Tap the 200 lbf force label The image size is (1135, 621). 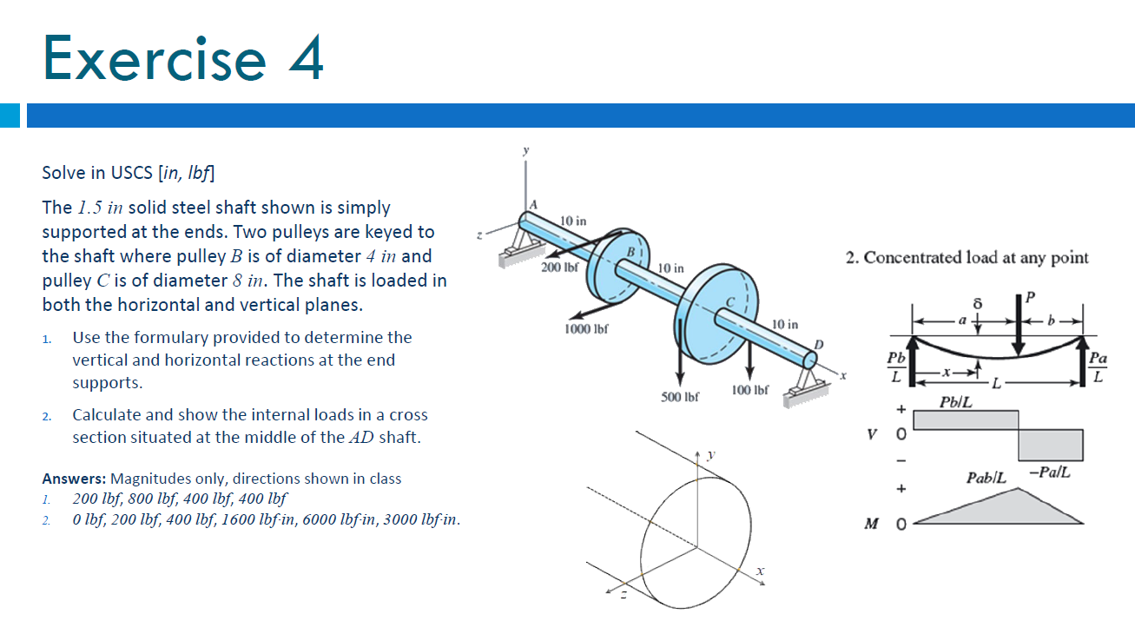[x=559, y=268]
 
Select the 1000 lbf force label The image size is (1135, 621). [x=586, y=329]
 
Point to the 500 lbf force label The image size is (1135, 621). [x=679, y=397]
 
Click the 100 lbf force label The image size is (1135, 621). [x=749, y=390]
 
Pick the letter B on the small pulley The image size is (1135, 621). [x=630, y=252]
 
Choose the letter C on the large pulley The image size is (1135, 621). [x=730, y=302]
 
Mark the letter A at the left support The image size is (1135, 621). [x=533, y=205]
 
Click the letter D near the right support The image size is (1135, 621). [x=818, y=345]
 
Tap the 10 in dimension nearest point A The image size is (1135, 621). [x=573, y=221]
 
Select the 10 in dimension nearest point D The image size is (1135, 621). [x=785, y=325]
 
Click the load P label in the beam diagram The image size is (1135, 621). [x=1030, y=297]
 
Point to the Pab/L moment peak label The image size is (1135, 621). [x=986, y=478]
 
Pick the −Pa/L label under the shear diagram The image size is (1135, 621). [x=1049, y=472]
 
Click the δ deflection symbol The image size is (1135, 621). [x=978, y=303]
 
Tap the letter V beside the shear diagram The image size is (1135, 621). [x=872, y=434]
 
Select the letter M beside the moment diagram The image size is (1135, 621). [x=872, y=524]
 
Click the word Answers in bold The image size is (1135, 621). [x=74, y=479]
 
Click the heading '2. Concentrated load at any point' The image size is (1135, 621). [x=967, y=258]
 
